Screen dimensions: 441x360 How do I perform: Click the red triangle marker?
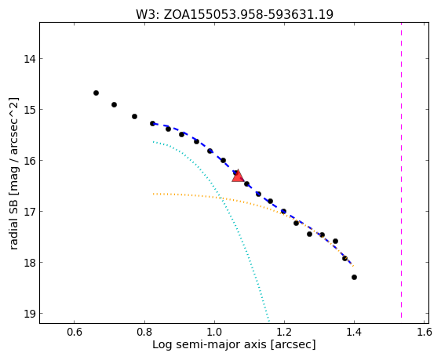click(x=238, y=176)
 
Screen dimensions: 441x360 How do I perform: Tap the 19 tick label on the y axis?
click(x=29, y=314)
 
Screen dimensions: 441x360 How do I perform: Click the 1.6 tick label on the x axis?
click(x=424, y=333)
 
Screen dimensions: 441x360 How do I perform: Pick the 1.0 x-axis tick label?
click(x=214, y=333)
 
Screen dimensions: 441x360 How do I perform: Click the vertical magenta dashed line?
click(x=401, y=170)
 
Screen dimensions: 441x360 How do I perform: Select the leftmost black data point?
click(x=97, y=93)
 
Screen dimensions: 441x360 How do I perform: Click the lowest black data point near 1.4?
click(x=355, y=278)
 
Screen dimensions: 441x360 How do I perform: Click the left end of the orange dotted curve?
click(x=153, y=194)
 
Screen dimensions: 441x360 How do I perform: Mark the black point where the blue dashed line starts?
click(x=153, y=123)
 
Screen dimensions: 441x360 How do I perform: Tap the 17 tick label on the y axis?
click(x=29, y=211)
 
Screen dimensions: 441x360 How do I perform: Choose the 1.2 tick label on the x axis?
click(x=284, y=333)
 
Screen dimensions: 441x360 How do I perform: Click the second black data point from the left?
click(x=115, y=105)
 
